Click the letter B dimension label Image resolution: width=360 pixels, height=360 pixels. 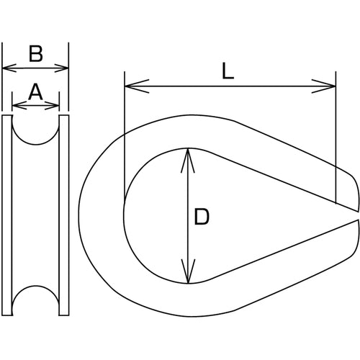[36, 54]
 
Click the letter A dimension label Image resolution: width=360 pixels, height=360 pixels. [35, 91]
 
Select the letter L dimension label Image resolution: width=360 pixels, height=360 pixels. [228, 71]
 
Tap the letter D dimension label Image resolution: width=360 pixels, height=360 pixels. [202, 217]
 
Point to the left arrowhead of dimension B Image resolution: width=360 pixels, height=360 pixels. [9, 68]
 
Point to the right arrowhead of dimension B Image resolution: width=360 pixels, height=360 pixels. [62, 68]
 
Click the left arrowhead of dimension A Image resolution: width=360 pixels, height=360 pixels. [19, 105]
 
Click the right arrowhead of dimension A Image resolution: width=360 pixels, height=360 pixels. [52, 105]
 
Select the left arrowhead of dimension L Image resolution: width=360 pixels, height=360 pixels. [137, 86]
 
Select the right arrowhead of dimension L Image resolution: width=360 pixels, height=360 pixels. [323, 86]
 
